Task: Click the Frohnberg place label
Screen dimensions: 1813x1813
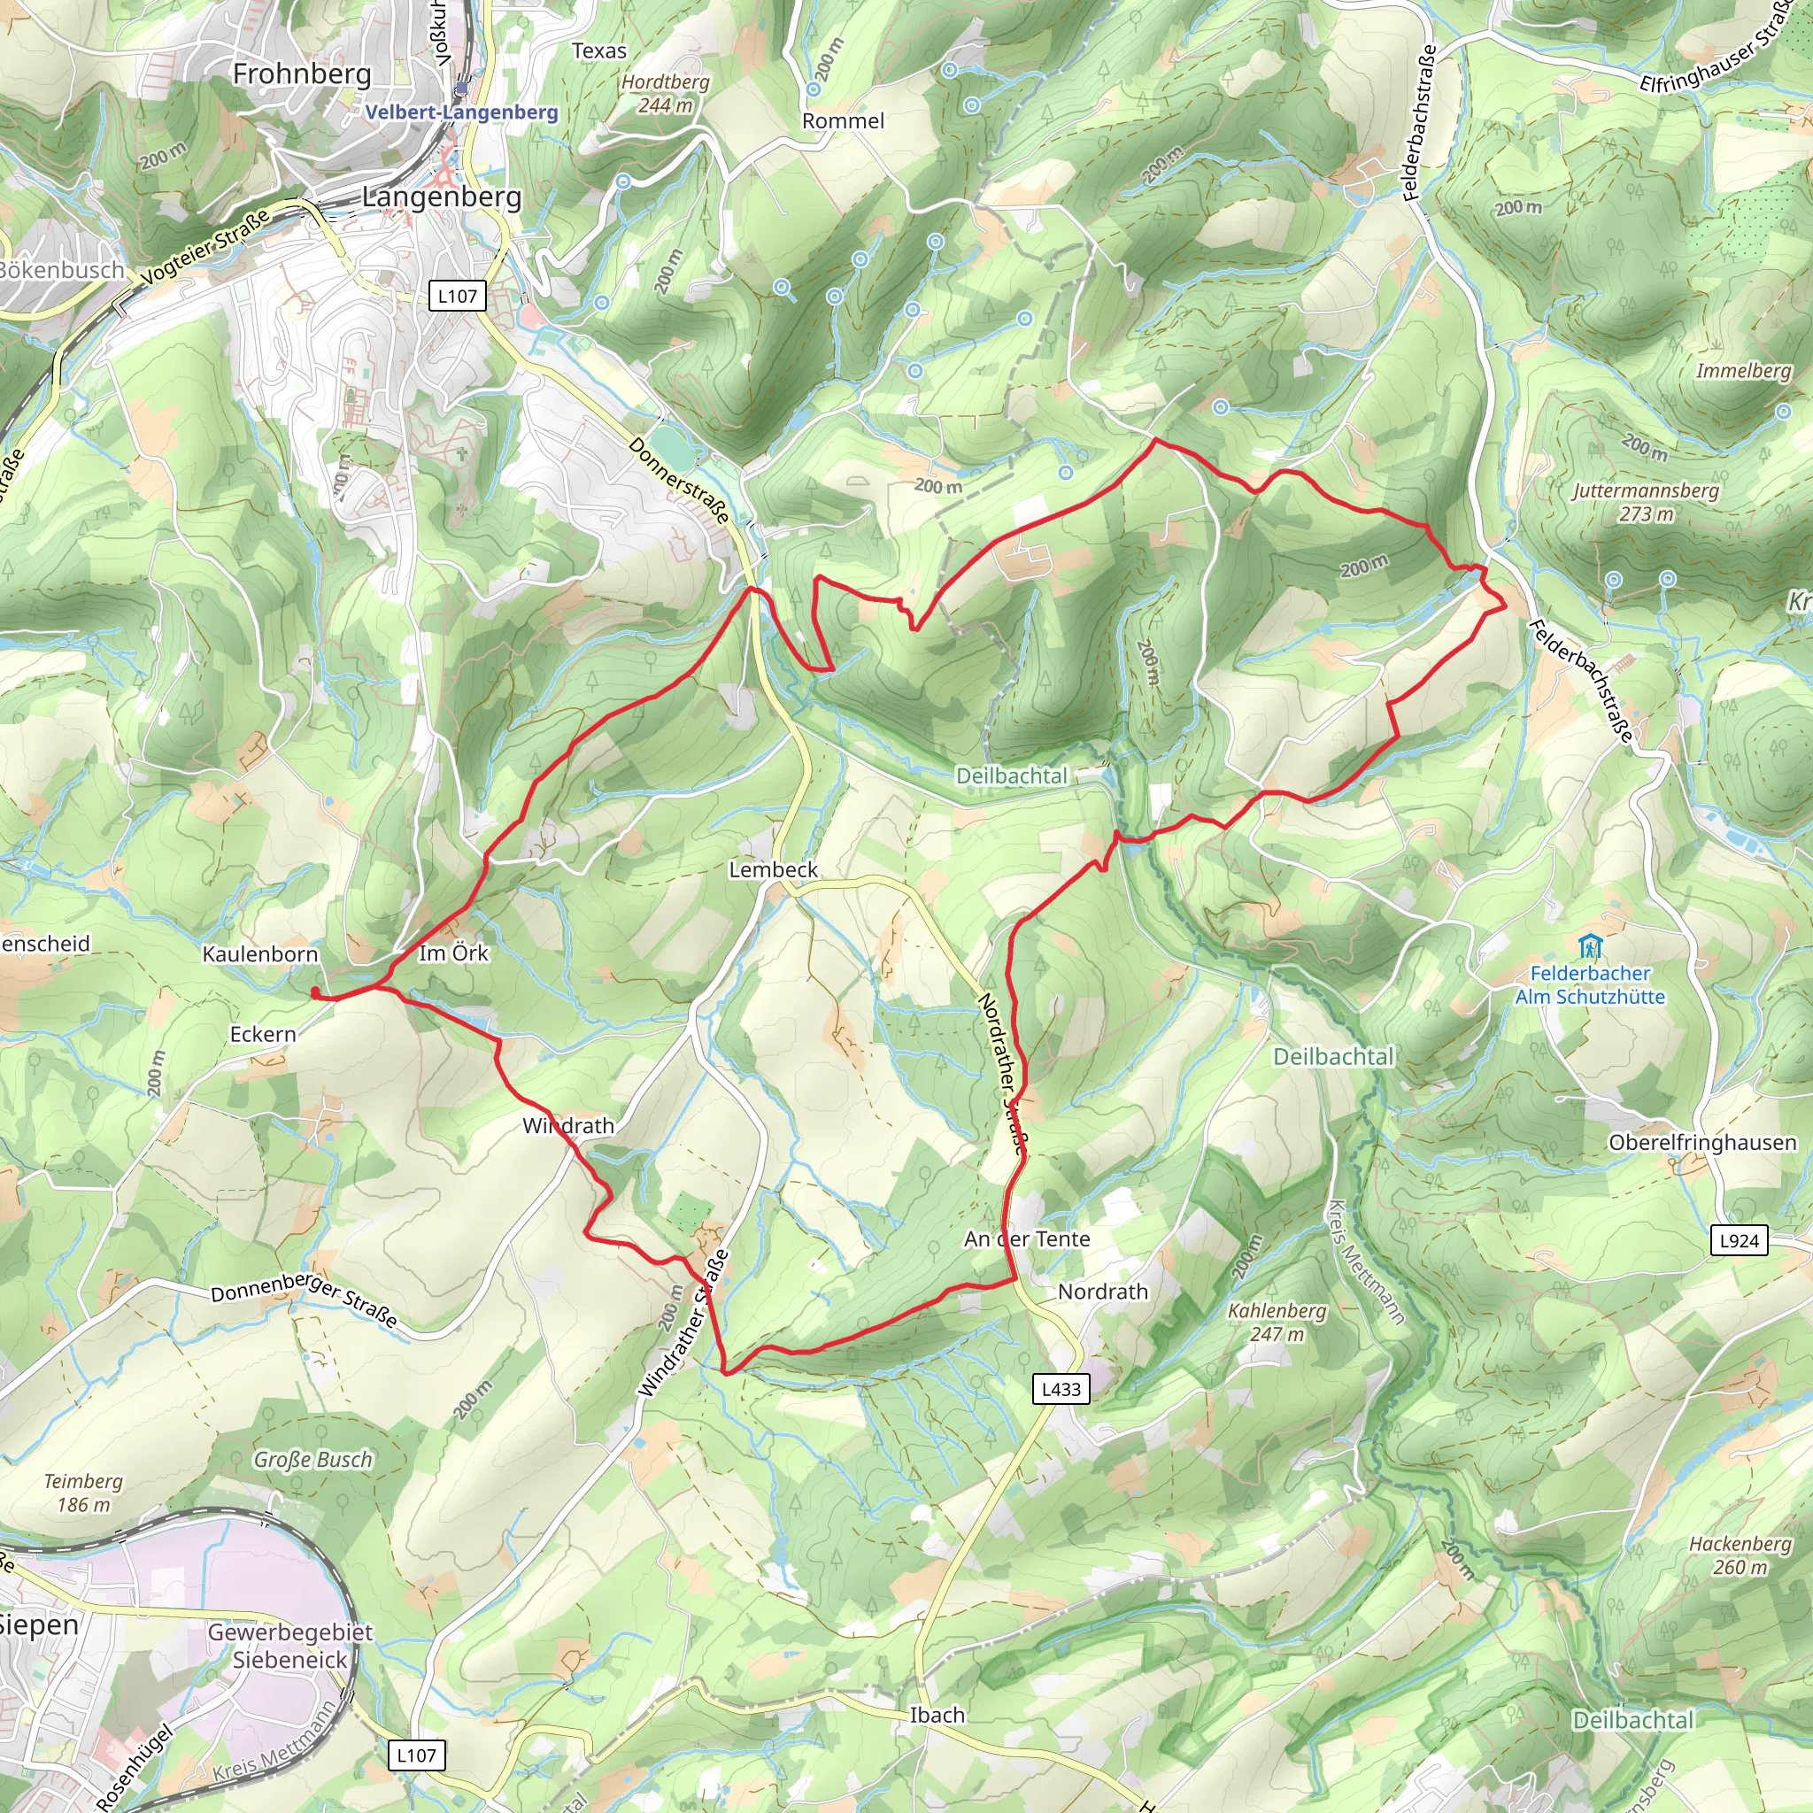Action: (x=301, y=73)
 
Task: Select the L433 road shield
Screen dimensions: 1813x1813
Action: (x=1061, y=1389)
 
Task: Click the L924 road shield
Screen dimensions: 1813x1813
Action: (x=1739, y=1239)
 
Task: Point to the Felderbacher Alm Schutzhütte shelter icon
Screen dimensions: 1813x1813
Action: (x=1589, y=945)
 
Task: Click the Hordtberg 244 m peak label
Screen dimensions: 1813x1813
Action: (x=666, y=93)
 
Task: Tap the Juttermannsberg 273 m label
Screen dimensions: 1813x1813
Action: (x=1646, y=502)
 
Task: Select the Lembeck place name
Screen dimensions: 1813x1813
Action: (x=773, y=870)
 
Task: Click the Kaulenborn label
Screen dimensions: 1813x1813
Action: (x=260, y=954)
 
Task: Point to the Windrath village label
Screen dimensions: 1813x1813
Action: (x=567, y=1125)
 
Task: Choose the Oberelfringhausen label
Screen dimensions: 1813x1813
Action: (x=1702, y=1142)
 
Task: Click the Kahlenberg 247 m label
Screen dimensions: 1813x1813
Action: (x=1277, y=1322)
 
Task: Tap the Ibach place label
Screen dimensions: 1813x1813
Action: (x=937, y=1715)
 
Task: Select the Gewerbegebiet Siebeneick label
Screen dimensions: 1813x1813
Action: (x=290, y=1645)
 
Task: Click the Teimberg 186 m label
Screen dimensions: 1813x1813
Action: (x=83, y=1492)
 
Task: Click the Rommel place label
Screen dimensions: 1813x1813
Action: (x=843, y=121)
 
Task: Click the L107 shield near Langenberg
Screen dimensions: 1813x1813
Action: (x=457, y=296)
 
